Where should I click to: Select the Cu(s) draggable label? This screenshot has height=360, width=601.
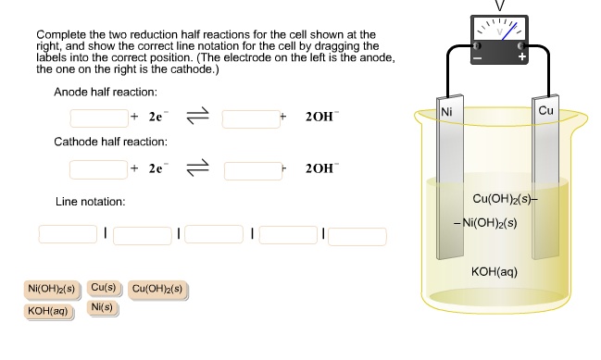(103, 288)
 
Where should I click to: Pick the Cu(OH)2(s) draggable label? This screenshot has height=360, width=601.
(158, 289)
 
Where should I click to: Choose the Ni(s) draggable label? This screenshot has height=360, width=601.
(103, 307)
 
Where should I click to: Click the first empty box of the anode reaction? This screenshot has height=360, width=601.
(99, 118)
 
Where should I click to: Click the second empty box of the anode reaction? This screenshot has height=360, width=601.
(251, 118)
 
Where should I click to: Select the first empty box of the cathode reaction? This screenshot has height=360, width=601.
(99, 169)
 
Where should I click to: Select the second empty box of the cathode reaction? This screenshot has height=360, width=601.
(253, 169)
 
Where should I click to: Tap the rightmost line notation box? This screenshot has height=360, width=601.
(357, 234)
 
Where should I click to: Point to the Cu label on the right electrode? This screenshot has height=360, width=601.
(545, 111)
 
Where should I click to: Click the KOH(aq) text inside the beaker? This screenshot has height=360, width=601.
(495, 272)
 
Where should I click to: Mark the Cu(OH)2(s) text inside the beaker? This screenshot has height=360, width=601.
(500, 199)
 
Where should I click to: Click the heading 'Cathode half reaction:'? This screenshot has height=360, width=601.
(110, 143)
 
